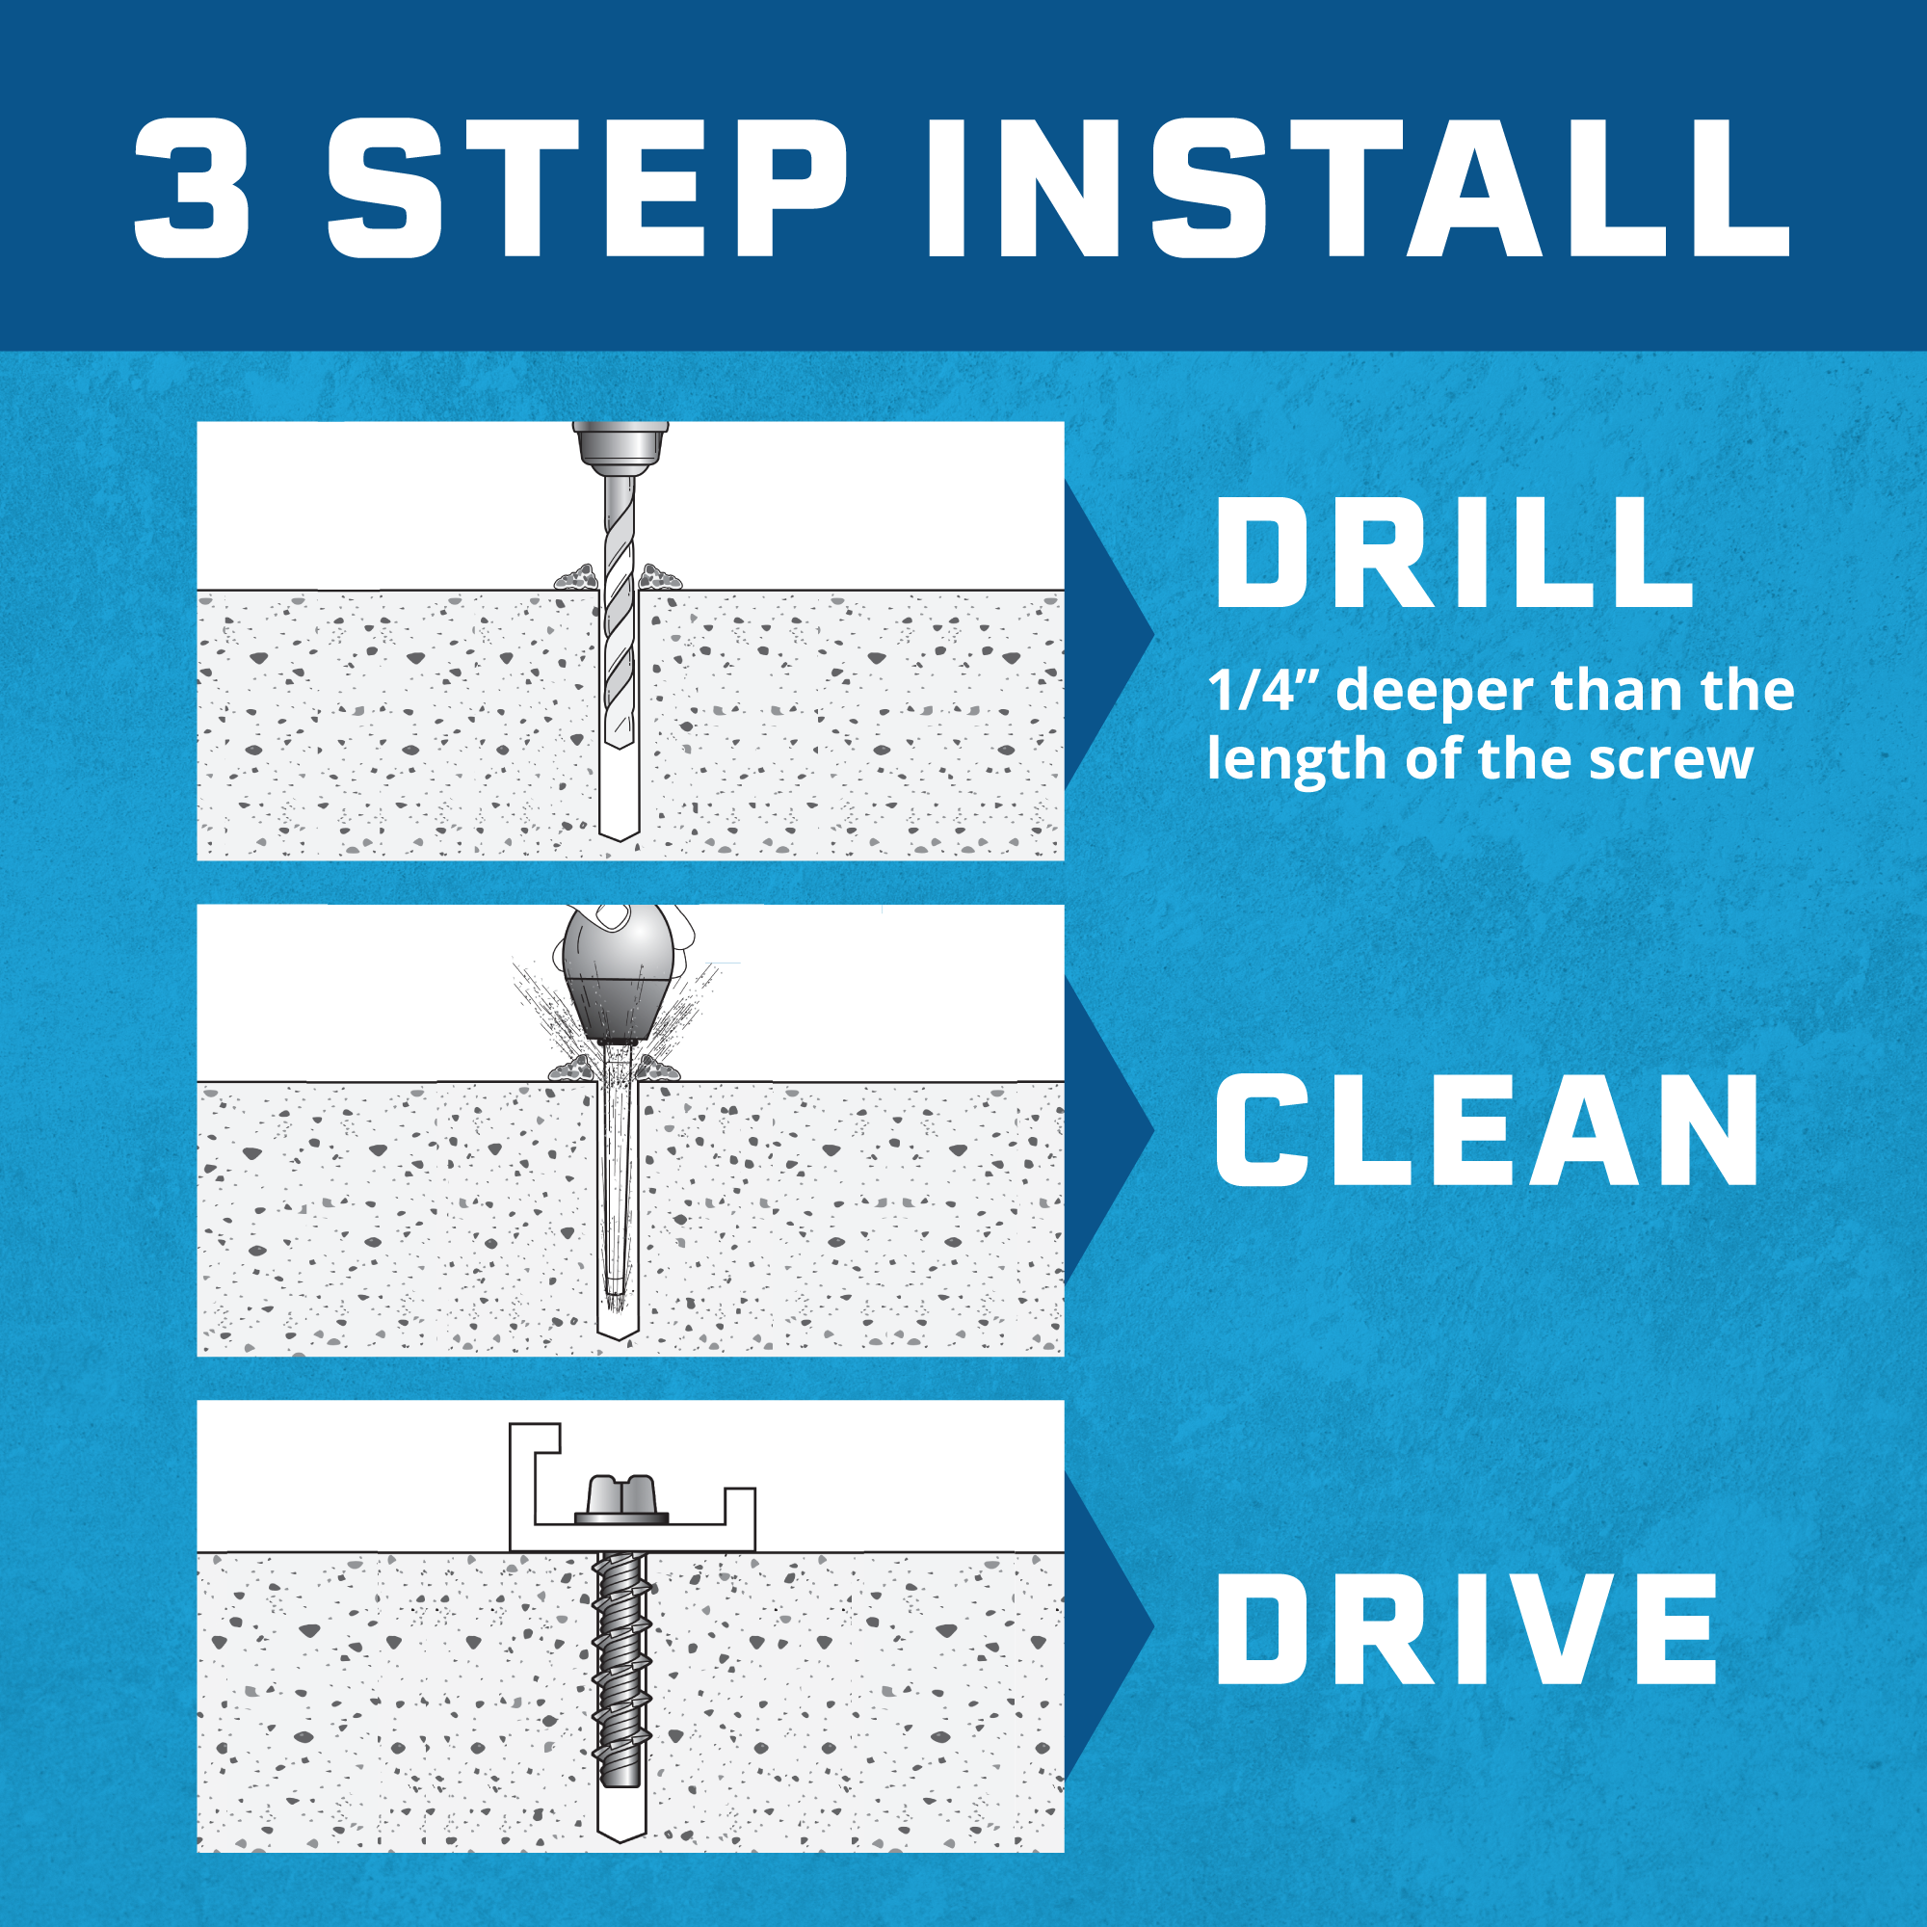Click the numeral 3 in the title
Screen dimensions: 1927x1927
coord(192,189)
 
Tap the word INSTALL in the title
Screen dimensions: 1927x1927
coord(1359,189)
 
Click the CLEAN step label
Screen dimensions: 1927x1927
coord(1486,1130)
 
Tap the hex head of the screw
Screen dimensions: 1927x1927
coord(620,1499)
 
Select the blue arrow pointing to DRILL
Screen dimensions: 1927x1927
coord(1109,634)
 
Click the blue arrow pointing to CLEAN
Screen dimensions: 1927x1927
coord(1109,1129)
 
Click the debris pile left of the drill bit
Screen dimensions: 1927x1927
coord(576,576)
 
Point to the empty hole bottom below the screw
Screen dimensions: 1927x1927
coord(620,1814)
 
